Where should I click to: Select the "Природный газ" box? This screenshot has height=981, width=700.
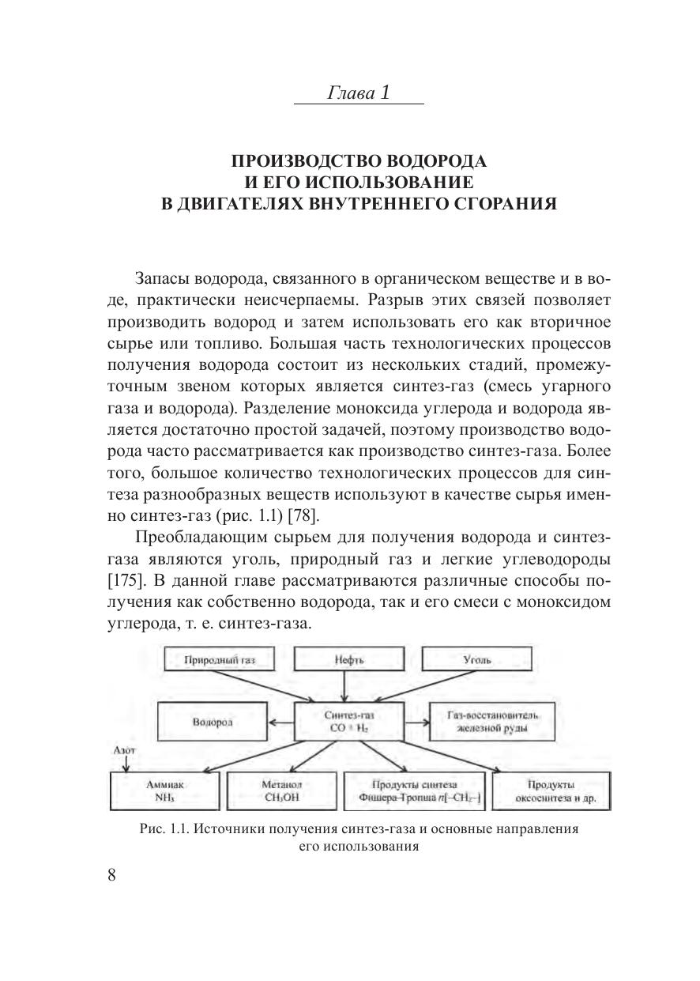point(219,661)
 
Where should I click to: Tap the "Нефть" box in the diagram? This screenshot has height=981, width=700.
point(349,661)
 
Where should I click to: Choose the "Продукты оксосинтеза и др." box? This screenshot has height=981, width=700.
point(550,790)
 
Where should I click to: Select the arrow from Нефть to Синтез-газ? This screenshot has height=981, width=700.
point(349,688)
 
